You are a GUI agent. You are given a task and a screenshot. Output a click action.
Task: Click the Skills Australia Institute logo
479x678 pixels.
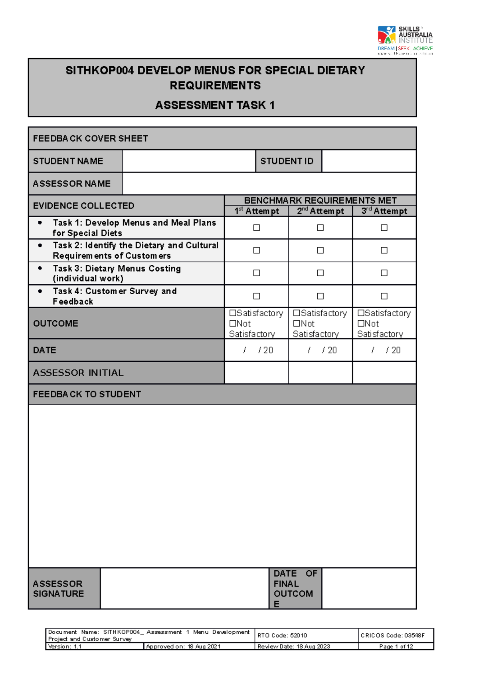coord(404,39)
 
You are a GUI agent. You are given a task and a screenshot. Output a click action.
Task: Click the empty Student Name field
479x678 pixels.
coord(188,161)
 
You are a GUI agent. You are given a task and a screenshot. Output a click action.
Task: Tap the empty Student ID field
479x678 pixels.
coord(368,161)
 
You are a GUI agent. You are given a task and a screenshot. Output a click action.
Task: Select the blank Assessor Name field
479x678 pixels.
coord(269,184)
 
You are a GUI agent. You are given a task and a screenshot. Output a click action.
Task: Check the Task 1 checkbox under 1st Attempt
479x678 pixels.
coord(257,228)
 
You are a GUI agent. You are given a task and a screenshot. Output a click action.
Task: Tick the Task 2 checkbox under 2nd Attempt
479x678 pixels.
coord(320,250)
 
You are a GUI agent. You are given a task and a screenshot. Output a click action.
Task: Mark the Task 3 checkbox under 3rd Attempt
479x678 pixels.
coord(384,273)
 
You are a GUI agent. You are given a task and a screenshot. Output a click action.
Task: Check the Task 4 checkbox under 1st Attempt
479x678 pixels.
coord(257,296)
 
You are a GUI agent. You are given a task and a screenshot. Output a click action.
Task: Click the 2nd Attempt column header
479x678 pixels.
coord(320,211)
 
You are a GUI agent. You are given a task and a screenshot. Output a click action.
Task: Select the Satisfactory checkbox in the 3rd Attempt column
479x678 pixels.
coord(361,313)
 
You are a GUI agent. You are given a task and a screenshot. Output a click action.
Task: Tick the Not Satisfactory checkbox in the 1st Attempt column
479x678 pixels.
coord(233,323)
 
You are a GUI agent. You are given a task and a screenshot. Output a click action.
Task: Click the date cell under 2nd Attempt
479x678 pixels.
coord(320,350)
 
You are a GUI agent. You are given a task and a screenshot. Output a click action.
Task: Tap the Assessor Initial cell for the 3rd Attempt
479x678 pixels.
coord(384,373)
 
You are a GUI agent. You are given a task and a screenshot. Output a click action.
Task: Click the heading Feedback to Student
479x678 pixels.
coord(87,394)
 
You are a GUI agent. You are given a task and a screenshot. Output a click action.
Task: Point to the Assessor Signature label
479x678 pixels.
coord(58,589)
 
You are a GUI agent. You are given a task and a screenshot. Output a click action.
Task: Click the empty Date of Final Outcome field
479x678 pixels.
coord(368,589)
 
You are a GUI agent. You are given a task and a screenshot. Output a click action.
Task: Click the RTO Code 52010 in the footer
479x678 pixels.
coord(282,635)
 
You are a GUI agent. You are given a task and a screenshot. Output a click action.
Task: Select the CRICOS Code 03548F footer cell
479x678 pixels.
coord(392,635)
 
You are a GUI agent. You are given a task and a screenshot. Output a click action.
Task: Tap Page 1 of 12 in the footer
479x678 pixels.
coord(396,646)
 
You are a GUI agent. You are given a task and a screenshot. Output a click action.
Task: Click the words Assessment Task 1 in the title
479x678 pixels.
coord(215,105)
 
